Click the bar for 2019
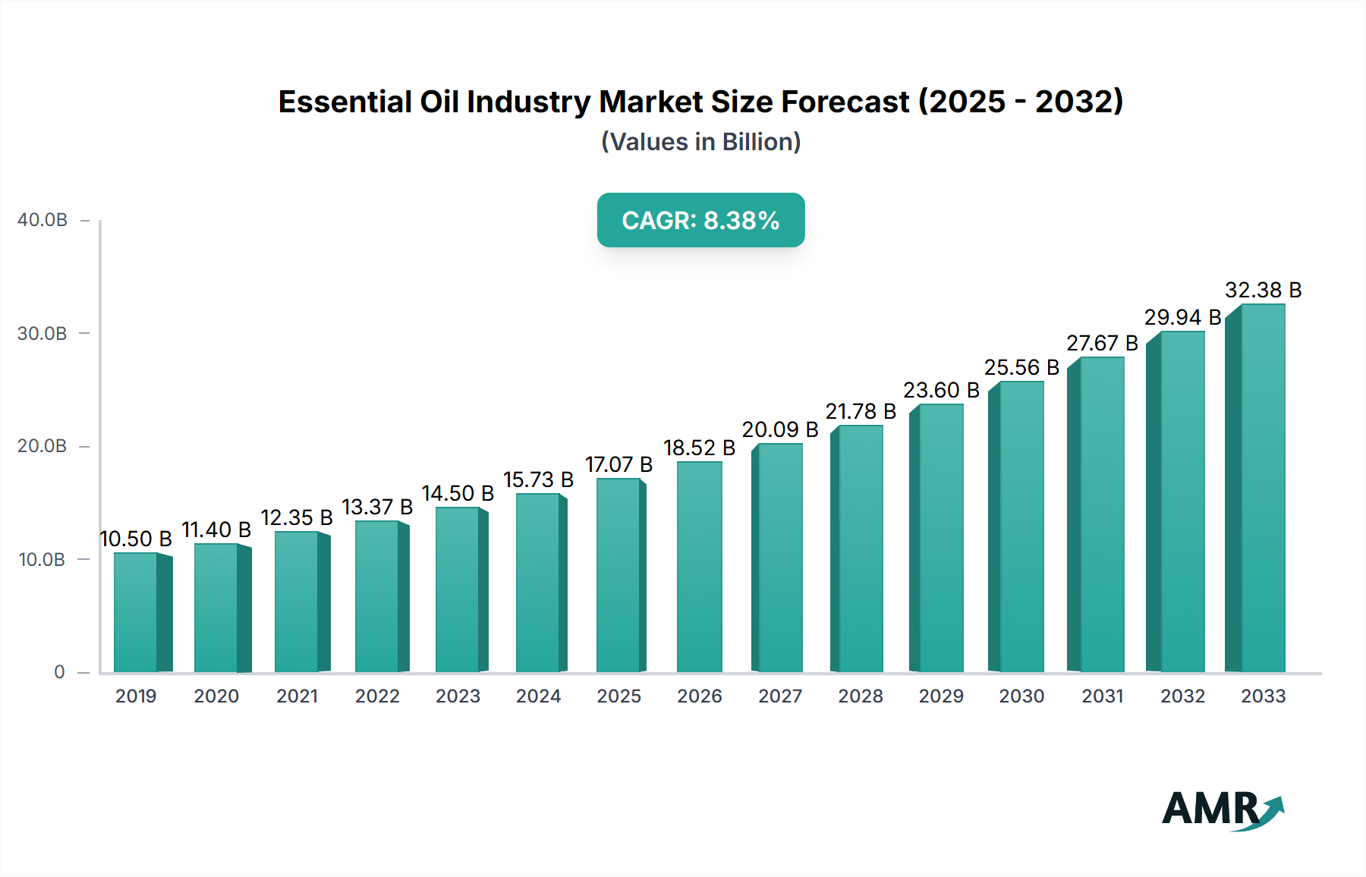(137, 613)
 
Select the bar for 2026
(699, 567)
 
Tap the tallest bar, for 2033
(1262, 489)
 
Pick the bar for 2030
(1021, 527)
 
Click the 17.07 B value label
(618, 464)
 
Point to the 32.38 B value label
(1263, 290)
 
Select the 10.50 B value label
(136, 539)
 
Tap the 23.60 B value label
(941, 390)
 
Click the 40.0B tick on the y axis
(42, 220)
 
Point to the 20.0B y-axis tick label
(42, 446)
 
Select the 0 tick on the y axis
(59, 672)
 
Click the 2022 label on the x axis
(377, 696)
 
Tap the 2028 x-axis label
(860, 696)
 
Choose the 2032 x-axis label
(1182, 696)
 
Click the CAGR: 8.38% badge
(700, 220)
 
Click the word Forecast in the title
(845, 102)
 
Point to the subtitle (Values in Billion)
(700, 142)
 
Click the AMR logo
(1222, 809)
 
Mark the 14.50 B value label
(458, 493)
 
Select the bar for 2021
(297, 602)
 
